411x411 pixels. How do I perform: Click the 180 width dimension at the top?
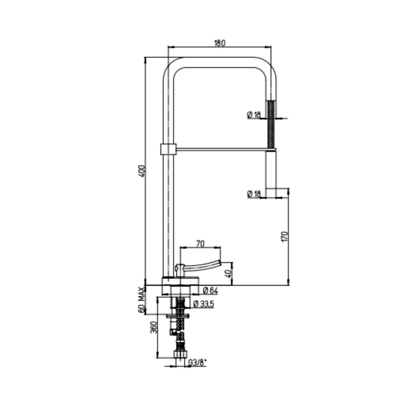(x=219, y=44)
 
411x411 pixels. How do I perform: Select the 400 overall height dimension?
(x=141, y=171)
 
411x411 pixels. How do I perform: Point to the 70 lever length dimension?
(x=201, y=244)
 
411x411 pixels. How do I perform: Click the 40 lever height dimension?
(x=230, y=273)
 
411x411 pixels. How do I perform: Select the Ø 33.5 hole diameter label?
(x=203, y=304)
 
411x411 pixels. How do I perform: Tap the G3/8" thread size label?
(x=197, y=363)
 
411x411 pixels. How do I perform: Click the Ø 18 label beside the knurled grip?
(x=254, y=115)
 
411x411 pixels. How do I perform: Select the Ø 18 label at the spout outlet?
(x=254, y=194)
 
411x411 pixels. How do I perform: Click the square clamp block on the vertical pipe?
(x=167, y=150)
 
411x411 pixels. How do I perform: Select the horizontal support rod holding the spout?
(x=221, y=150)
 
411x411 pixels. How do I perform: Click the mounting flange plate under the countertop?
(x=179, y=315)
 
